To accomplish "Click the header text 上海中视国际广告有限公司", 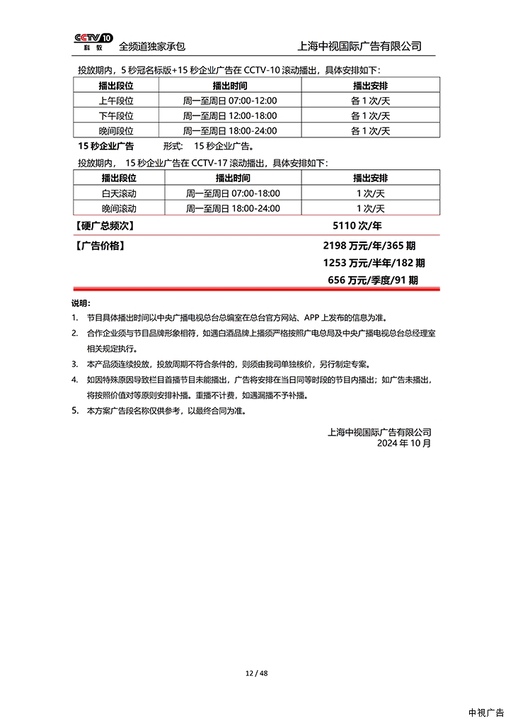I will pyautogui.click(x=361, y=46).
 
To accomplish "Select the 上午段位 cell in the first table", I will pyautogui.click(x=116, y=101).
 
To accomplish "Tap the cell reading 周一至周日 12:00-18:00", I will pyautogui.click(x=230, y=115).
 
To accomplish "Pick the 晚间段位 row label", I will pyautogui.click(x=116, y=130).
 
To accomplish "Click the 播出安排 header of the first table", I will pyautogui.click(x=370, y=85).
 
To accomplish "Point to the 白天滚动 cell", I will pyautogui.click(x=119, y=193).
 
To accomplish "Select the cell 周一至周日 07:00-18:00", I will pyautogui.click(x=233, y=193).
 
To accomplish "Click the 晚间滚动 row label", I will pyautogui.click(x=119, y=208).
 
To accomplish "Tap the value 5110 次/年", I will pyautogui.click(x=357, y=226).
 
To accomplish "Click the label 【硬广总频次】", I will pyautogui.click(x=104, y=226).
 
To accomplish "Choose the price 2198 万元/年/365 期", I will pyautogui.click(x=369, y=246).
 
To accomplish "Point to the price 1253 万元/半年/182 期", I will pyautogui.click(x=373, y=263).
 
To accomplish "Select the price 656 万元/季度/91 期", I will pyautogui.click(x=373, y=280).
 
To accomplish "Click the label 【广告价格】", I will pyautogui.click(x=100, y=246).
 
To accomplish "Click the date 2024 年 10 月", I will pyautogui.click(x=403, y=443).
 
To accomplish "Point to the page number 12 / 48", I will pyautogui.click(x=256, y=673).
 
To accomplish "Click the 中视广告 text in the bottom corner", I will pyautogui.click(x=486, y=713).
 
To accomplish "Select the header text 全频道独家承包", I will pyautogui.click(x=151, y=47).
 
